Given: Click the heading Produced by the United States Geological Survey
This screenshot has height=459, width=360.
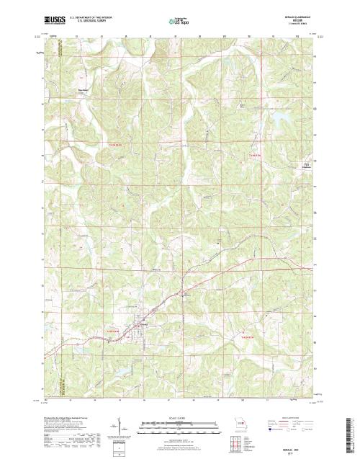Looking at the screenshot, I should [x=71, y=417].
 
